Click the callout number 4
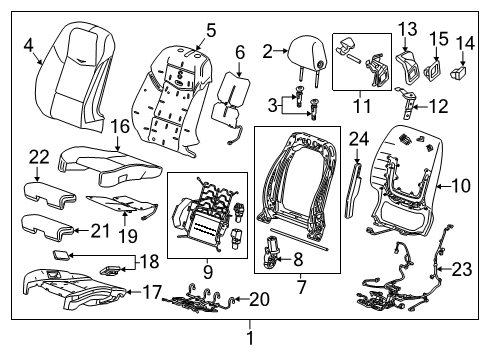(x=28, y=43)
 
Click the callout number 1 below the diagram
(x=249, y=339)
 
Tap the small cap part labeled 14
(x=462, y=72)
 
